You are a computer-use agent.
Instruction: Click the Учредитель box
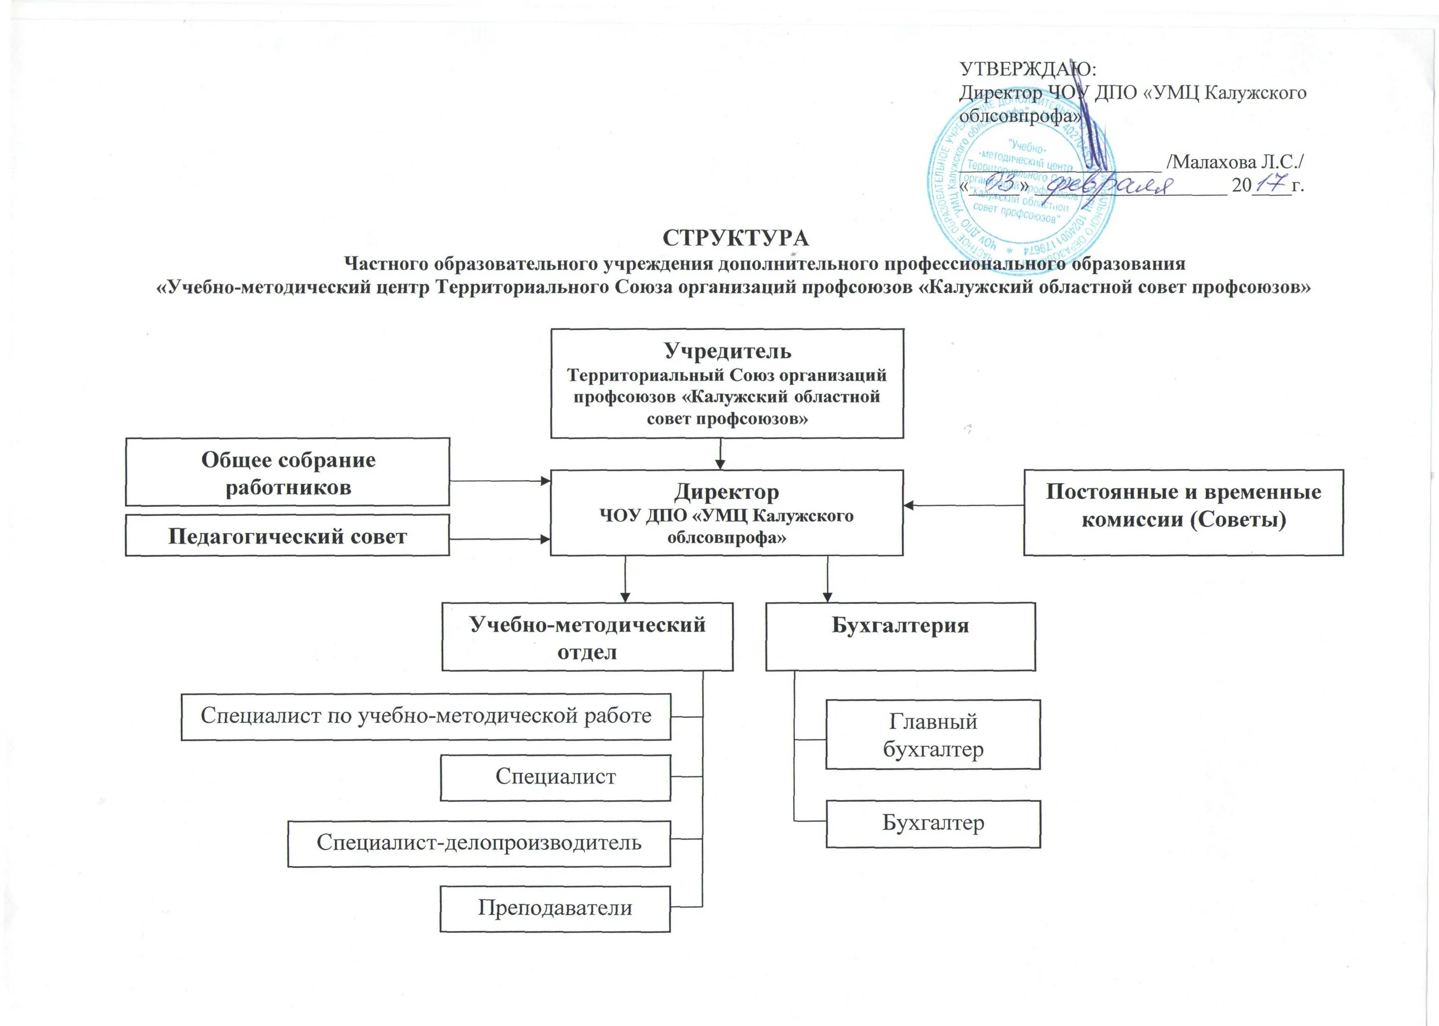click(x=727, y=383)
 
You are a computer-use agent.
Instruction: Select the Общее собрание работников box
click(x=287, y=472)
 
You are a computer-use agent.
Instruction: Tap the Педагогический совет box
click(x=287, y=536)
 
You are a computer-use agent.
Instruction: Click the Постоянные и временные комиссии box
click(x=1183, y=513)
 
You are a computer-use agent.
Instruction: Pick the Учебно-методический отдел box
click(x=587, y=636)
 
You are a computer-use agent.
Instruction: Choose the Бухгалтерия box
click(x=900, y=636)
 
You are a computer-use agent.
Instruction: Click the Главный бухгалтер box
click(x=932, y=734)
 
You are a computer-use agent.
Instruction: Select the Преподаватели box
click(x=555, y=908)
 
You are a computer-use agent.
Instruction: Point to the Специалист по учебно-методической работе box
click(x=425, y=716)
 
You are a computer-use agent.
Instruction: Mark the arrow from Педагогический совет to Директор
click(x=499, y=539)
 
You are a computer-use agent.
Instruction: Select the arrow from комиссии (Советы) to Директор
click(x=963, y=505)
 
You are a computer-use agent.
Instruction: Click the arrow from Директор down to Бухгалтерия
click(x=827, y=579)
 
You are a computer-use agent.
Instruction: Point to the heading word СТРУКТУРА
click(x=736, y=238)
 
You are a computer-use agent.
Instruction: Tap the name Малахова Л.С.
click(x=1235, y=162)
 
